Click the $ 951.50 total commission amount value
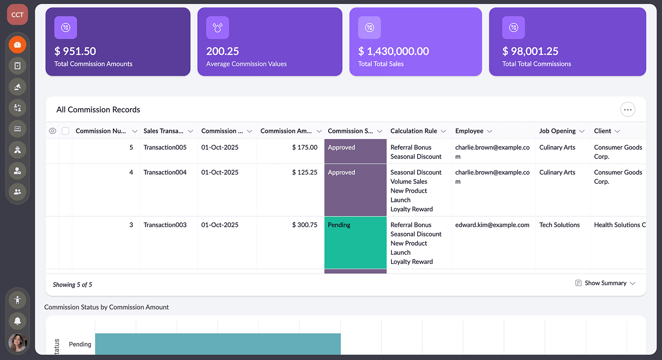[x=75, y=51]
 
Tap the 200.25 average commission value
[x=222, y=51]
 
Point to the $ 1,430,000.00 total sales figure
[x=393, y=51]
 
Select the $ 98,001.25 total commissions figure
[x=530, y=51]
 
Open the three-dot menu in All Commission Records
[x=628, y=110]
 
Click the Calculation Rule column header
[x=414, y=131]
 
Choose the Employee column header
[x=469, y=131]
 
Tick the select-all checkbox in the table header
[x=66, y=131]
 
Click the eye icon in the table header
[x=53, y=131]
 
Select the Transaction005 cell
[x=165, y=147]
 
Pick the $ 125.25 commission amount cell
[x=304, y=173]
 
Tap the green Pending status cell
[x=355, y=242]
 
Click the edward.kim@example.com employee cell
[x=492, y=225]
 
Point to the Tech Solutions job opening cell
[x=559, y=225]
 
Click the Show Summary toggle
[x=605, y=283]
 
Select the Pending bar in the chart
[x=218, y=344]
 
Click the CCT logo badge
[x=17, y=14]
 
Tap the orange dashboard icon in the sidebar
[x=18, y=45]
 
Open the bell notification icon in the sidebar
[x=18, y=321]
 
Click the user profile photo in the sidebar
[x=18, y=343]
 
